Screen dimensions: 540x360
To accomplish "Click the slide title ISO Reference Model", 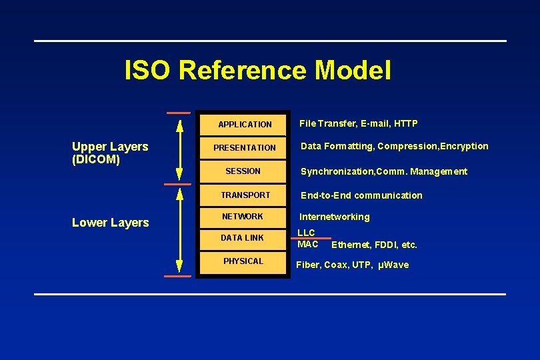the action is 258,70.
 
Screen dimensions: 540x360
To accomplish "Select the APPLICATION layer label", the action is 245,125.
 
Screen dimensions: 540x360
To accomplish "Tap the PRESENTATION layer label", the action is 244,148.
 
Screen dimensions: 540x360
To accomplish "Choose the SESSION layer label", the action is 243,171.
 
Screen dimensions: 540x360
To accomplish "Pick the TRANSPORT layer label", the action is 245,195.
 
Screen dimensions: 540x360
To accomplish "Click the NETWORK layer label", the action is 242,217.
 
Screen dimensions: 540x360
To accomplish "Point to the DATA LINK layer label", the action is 242,238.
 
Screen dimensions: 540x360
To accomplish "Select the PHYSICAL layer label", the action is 243,261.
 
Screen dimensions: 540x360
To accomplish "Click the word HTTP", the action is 405,123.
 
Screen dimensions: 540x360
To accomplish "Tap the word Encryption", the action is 465,146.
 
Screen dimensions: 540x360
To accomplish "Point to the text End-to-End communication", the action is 361,195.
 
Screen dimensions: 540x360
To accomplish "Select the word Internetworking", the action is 334,217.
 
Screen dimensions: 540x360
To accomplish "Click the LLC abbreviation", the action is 306,233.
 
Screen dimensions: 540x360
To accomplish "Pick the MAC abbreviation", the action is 307,244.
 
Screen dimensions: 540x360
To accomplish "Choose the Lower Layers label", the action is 110,223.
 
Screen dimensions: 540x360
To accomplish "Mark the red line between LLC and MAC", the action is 311,238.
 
